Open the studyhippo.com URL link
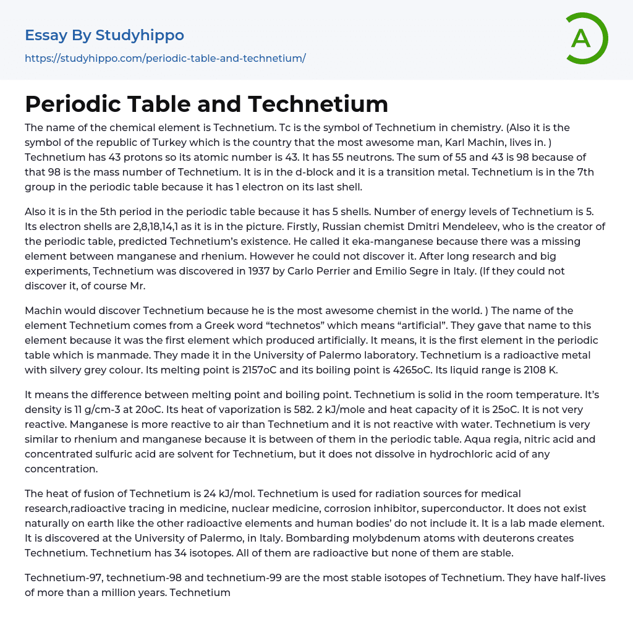165,58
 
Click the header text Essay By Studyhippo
104,35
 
